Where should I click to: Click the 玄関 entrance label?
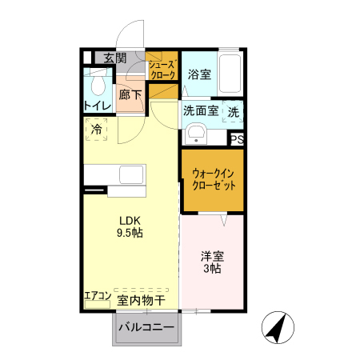[114, 58]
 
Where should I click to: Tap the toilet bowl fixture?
[99, 82]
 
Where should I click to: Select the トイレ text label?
[97, 105]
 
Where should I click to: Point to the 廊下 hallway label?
[130, 94]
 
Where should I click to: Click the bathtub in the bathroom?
[230, 74]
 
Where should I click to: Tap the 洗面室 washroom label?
[201, 112]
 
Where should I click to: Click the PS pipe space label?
[237, 139]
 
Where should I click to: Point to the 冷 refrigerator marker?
[97, 128]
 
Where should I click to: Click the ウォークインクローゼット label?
[212, 178]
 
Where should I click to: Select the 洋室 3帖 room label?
[212, 263]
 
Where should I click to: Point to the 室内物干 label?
[141, 301]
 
